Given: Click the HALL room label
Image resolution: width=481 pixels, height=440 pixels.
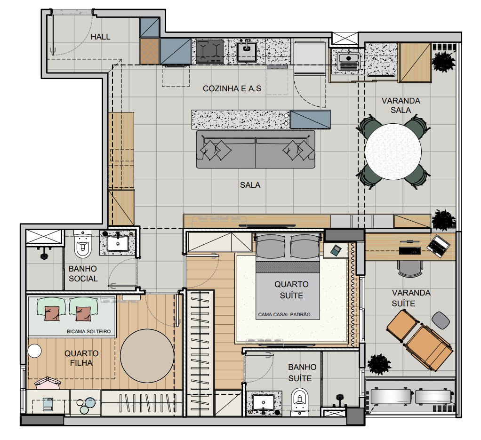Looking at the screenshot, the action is (x=100, y=37).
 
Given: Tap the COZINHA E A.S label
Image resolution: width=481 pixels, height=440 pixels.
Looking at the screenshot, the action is (x=232, y=88).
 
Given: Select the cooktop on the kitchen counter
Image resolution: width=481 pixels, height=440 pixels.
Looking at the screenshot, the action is (x=210, y=51).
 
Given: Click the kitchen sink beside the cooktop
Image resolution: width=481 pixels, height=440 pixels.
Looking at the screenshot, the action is (x=247, y=51).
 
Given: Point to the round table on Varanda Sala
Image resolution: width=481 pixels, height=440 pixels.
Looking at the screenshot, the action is (x=393, y=152).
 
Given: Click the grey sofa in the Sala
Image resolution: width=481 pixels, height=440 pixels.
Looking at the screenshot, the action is (x=256, y=149).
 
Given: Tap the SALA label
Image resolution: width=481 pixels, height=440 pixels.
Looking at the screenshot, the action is (x=250, y=185).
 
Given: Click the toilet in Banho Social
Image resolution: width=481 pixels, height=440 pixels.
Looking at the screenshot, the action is (x=83, y=244).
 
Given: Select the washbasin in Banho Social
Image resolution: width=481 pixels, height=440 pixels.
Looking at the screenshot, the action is (x=118, y=243).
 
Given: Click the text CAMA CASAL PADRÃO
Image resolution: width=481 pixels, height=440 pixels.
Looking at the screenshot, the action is (x=284, y=315).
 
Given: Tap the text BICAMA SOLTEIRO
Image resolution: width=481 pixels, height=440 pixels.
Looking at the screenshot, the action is (x=88, y=331).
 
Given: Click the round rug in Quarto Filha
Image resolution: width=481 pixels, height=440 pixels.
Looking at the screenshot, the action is (x=147, y=356).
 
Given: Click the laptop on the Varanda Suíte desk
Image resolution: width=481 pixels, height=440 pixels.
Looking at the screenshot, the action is (x=439, y=246).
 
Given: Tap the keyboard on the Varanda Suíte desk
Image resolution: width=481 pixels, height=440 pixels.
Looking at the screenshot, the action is (x=409, y=251).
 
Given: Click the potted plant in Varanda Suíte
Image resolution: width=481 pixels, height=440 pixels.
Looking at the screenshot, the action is (x=379, y=364).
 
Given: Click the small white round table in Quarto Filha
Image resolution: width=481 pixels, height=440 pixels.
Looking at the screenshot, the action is (x=34, y=351).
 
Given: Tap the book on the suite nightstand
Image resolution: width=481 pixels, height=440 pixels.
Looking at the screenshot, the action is (x=335, y=250).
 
